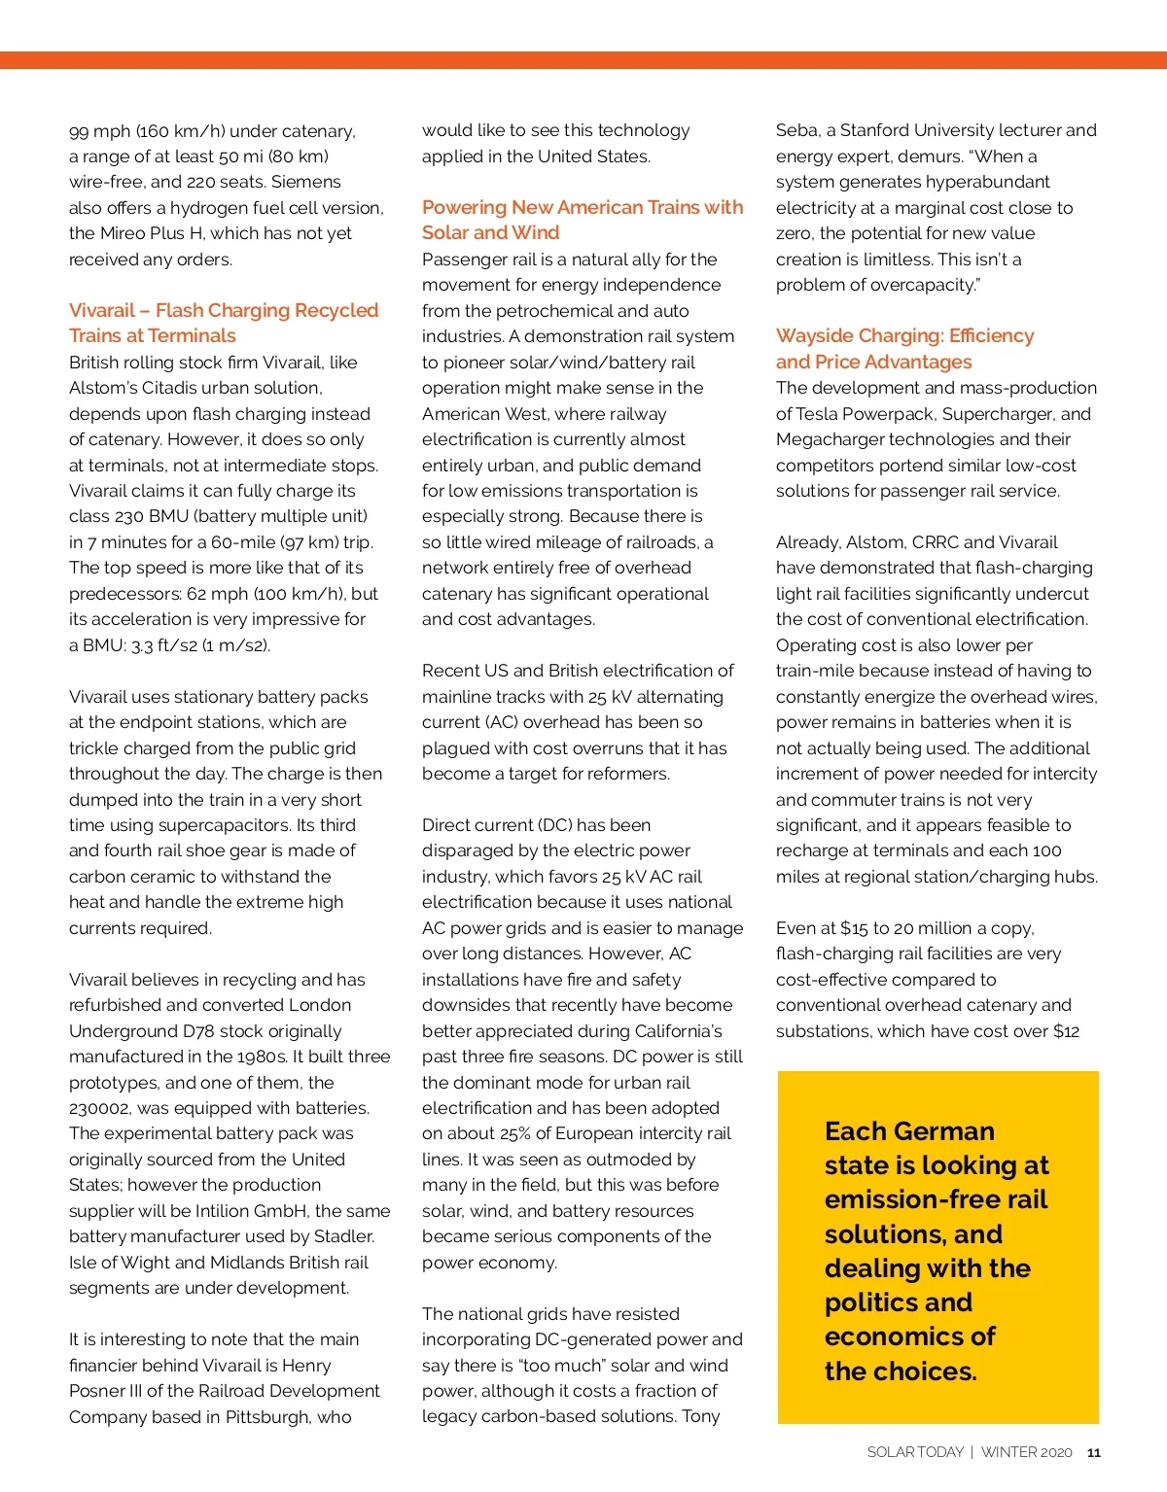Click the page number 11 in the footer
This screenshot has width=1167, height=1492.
click(1094, 1453)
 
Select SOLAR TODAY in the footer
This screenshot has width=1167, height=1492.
click(914, 1452)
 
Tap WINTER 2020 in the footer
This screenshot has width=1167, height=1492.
click(1026, 1452)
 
